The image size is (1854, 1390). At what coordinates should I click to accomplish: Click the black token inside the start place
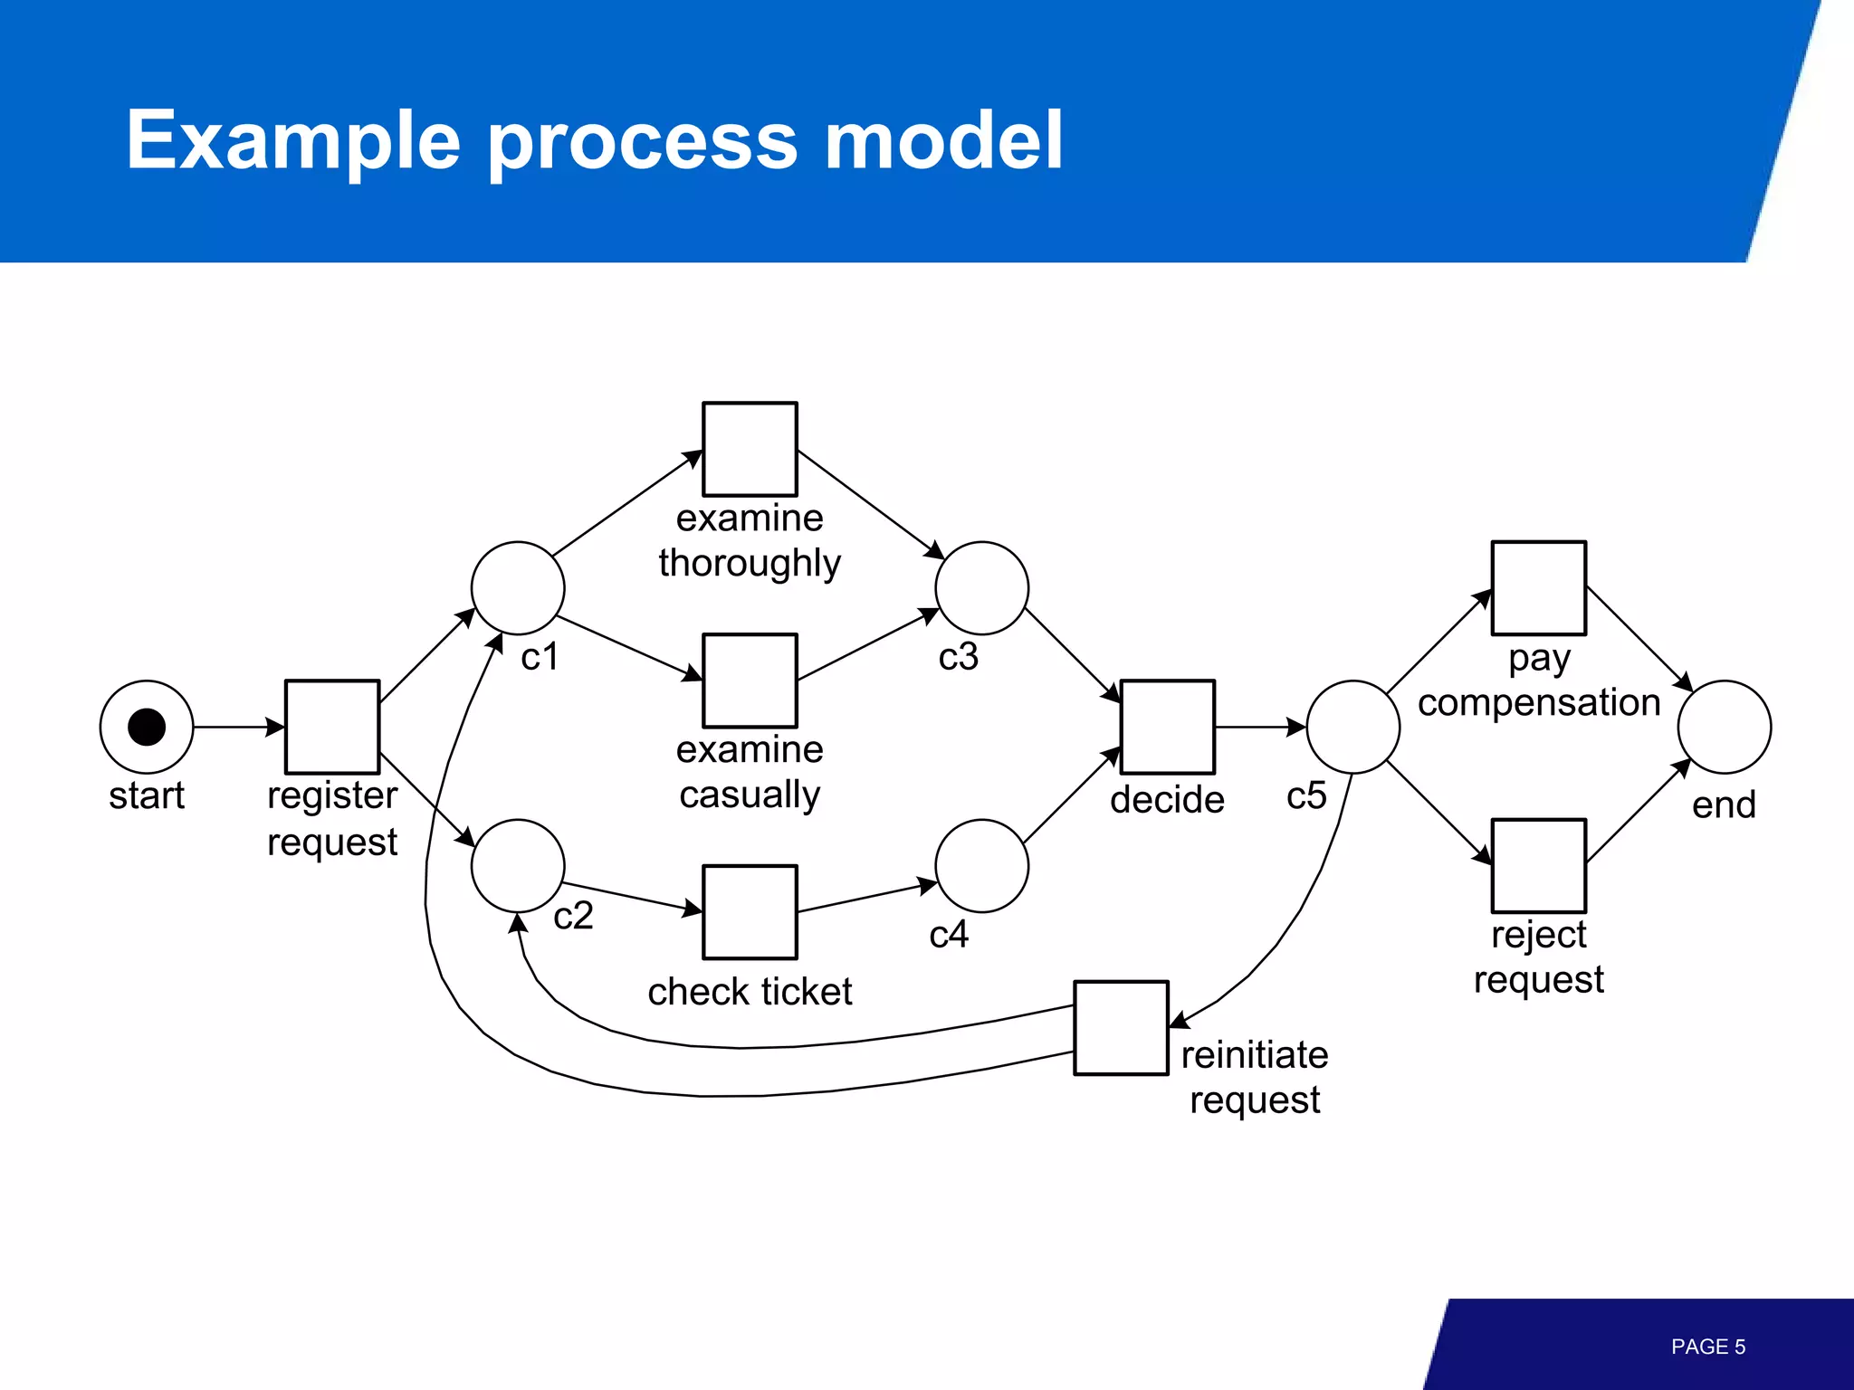click(x=147, y=727)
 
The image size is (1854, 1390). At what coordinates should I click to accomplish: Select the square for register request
click(x=332, y=727)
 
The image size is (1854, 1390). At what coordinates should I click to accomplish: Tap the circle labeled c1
click(x=518, y=588)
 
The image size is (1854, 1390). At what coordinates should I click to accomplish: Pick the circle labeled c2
click(x=518, y=866)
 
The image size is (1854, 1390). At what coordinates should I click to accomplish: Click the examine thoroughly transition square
click(x=750, y=449)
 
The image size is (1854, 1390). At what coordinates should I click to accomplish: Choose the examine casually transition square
click(x=750, y=681)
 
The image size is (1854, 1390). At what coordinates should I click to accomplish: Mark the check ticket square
click(x=750, y=912)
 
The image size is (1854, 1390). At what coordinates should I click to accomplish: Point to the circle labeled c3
click(x=981, y=588)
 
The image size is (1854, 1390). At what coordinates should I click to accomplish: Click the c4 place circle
click(x=981, y=866)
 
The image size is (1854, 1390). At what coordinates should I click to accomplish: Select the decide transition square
click(x=1167, y=727)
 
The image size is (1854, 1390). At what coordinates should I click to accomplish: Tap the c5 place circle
click(x=1352, y=727)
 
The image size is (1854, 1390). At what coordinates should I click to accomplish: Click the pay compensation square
click(x=1538, y=588)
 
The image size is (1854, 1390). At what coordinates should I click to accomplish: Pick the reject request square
click(x=1538, y=866)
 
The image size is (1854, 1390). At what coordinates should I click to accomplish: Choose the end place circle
click(x=1724, y=727)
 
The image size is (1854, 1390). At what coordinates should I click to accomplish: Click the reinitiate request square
click(x=1121, y=1028)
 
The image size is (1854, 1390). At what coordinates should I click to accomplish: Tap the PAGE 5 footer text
click(x=1707, y=1347)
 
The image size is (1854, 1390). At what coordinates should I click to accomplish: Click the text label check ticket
click(x=750, y=992)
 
